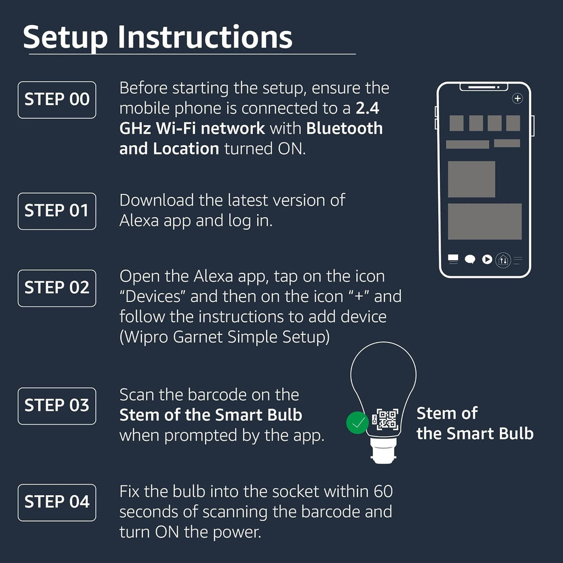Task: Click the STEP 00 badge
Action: pyautogui.click(x=57, y=100)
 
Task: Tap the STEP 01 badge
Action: pyautogui.click(x=57, y=211)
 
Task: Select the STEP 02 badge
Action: pyautogui.click(x=57, y=288)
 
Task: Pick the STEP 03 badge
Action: pyautogui.click(x=57, y=406)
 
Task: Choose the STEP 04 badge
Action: pyautogui.click(x=57, y=503)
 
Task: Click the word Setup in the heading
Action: pyautogui.click(x=65, y=38)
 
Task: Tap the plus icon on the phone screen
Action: pyautogui.click(x=517, y=98)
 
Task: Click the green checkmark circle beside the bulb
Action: pyautogui.click(x=357, y=423)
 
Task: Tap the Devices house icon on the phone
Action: pyautogui.click(x=503, y=260)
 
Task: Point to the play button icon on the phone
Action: pyautogui.click(x=487, y=260)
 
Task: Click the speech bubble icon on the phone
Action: pyautogui.click(x=470, y=260)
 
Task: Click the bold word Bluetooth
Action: pyautogui.click(x=344, y=129)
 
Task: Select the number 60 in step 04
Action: pyautogui.click(x=383, y=492)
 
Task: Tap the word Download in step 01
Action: pyautogui.click(x=157, y=200)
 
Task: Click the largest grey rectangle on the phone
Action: pyautogui.click(x=485, y=221)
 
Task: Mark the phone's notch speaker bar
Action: pyautogui.click(x=484, y=87)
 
